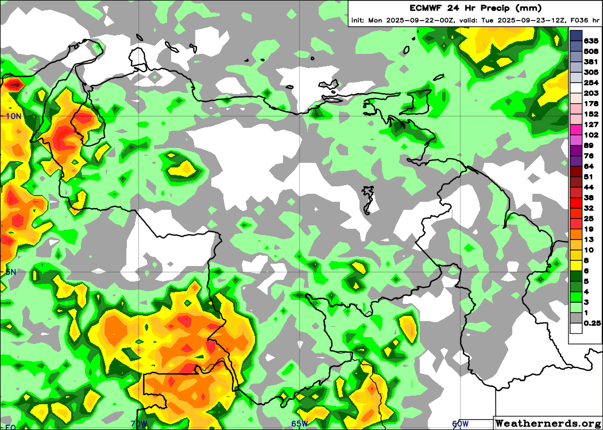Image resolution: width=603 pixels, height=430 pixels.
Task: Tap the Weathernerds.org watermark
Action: coord(548,423)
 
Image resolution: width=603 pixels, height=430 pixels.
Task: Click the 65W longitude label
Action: coord(299,424)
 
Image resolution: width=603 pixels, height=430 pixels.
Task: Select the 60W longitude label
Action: coord(460,424)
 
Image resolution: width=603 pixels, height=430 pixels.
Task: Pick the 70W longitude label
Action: coord(139,424)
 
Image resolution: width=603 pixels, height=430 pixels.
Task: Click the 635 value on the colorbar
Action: coord(591,41)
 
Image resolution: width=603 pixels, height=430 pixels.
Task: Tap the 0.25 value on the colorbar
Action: coord(592,323)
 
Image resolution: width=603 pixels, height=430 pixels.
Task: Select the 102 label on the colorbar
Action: coord(591,135)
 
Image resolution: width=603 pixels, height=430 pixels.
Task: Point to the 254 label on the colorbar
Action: coord(591,83)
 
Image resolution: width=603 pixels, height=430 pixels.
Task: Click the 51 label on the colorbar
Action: coord(588,177)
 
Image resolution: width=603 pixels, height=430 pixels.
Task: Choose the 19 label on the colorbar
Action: coord(588,229)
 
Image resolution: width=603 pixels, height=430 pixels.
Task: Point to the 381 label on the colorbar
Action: coord(591,61)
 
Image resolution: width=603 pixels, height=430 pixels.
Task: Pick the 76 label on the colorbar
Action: coord(588,156)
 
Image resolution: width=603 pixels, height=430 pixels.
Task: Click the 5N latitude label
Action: coord(10,272)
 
